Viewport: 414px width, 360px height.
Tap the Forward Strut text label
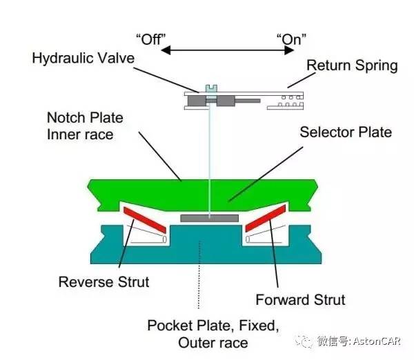click(x=299, y=299)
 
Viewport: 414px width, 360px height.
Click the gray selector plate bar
click(x=208, y=218)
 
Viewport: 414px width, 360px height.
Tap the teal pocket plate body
click(x=207, y=248)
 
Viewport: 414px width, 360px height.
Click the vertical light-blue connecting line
click(x=207, y=159)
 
